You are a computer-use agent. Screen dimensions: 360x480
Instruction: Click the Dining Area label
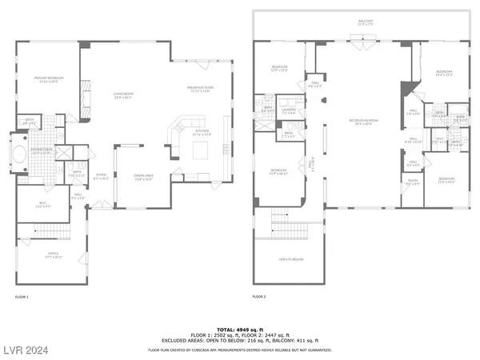143,178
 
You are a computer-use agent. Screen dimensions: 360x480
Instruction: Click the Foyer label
102,177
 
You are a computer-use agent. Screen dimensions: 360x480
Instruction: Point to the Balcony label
366,23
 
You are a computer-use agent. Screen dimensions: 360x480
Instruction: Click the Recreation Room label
364,122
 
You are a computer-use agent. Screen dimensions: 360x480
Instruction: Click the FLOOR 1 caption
22,297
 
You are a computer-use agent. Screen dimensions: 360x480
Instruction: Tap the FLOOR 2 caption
258,297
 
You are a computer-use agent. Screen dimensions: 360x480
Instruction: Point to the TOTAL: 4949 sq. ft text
240,329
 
